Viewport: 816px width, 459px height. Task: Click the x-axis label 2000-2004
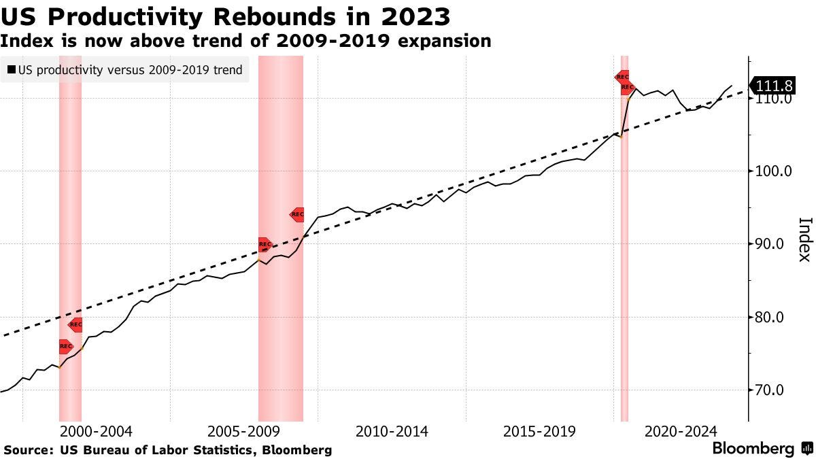[x=96, y=431]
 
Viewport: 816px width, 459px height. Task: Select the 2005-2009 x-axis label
[x=243, y=431]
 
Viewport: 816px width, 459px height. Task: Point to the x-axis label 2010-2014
[x=392, y=431]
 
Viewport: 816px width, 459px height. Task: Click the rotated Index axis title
[x=804, y=239]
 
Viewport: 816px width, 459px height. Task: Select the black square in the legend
[x=12, y=70]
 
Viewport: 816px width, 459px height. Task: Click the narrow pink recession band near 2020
[x=624, y=272]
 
